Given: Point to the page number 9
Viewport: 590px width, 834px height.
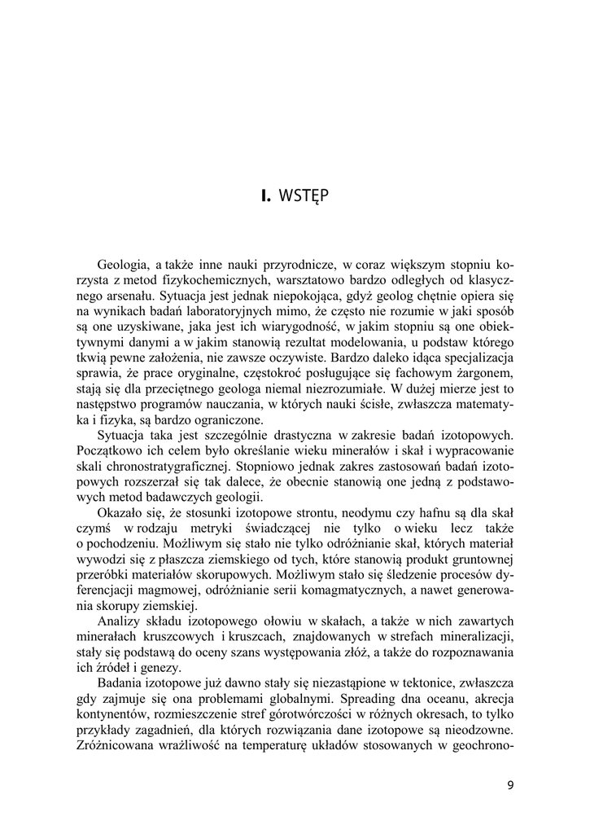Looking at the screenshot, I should click(509, 785).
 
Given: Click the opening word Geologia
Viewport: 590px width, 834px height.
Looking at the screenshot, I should click(123, 265).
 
